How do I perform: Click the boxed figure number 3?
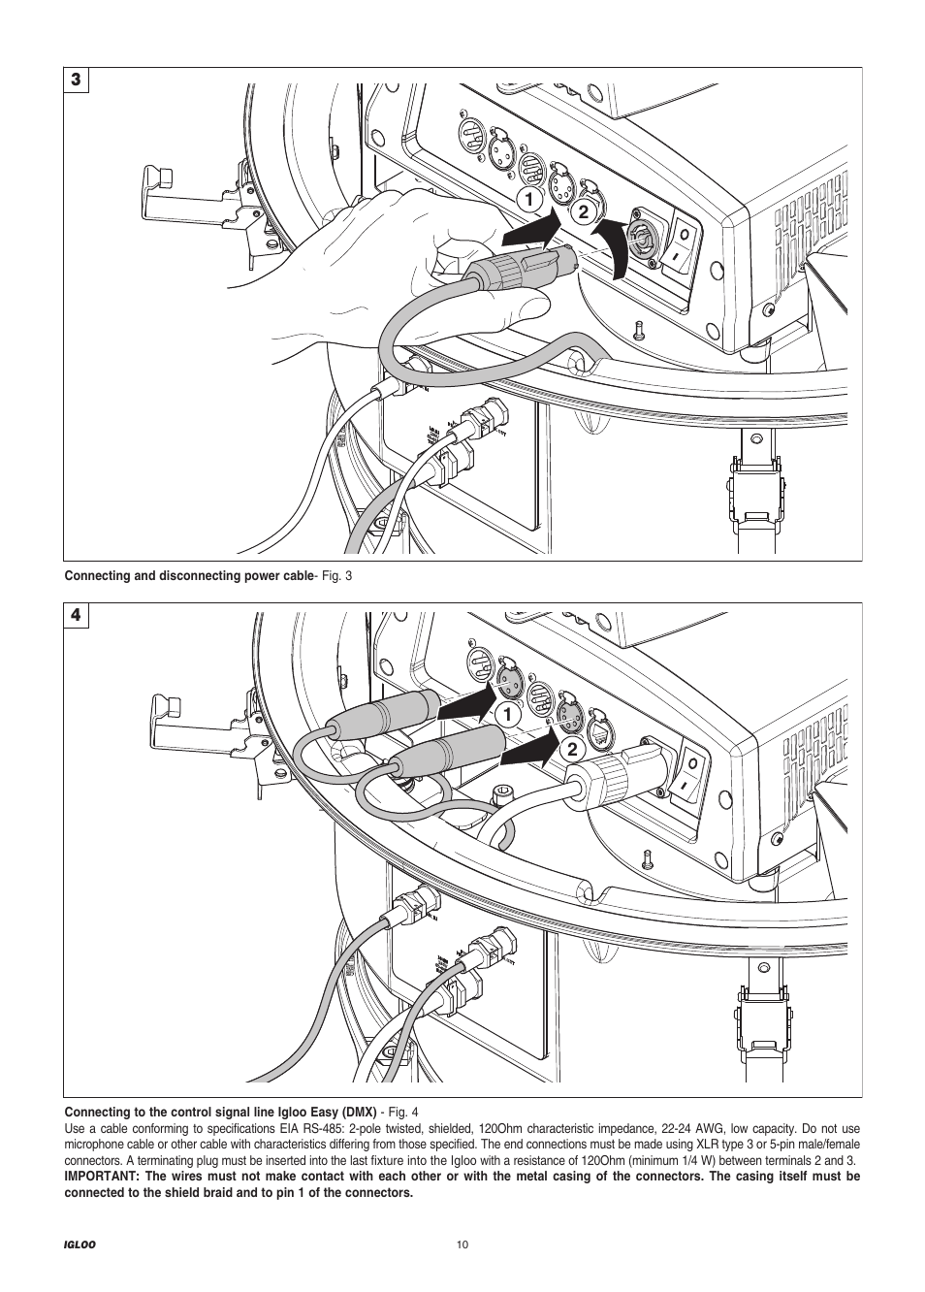pos(77,80)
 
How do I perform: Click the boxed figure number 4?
pos(77,616)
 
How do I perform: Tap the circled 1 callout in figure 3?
pos(530,201)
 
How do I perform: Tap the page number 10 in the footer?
pos(462,1245)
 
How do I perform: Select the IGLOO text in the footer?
pos(79,1245)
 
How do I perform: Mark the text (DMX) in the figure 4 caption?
pos(358,1113)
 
